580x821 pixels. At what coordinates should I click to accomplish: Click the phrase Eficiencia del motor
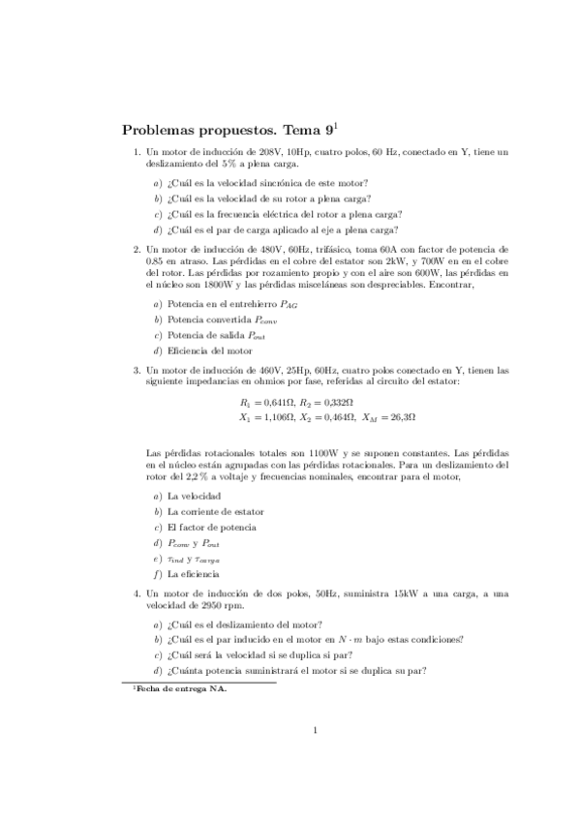point(205,350)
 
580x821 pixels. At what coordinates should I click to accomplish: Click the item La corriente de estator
point(215,510)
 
